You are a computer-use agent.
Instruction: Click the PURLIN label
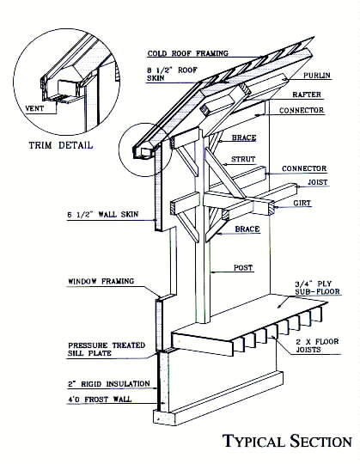[x=317, y=76]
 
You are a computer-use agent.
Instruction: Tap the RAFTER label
[x=307, y=95]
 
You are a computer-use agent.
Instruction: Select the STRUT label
[x=243, y=159]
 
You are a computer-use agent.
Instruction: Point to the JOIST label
[x=318, y=182]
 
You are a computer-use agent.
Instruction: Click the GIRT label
[x=302, y=203]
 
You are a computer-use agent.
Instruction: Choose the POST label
[x=243, y=268]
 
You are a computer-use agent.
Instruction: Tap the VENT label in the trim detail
[x=34, y=108]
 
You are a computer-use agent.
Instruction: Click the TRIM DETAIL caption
[x=61, y=145]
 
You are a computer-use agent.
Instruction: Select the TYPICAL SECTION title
[x=287, y=441]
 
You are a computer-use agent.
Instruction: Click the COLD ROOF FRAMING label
[x=188, y=53]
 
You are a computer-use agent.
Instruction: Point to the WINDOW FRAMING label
[x=101, y=281]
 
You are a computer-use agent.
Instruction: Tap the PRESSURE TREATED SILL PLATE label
[x=107, y=349]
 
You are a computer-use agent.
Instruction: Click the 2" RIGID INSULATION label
[x=109, y=384]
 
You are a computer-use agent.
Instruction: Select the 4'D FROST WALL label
[x=100, y=400]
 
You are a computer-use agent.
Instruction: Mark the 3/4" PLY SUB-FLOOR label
[x=317, y=288]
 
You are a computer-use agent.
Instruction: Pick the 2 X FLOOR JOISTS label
[x=317, y=345]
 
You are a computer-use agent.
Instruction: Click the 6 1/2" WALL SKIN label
[x=103, y=214]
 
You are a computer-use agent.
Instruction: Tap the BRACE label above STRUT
[x=244, y=137]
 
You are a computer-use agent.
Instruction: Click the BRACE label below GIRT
[x=247, y=229]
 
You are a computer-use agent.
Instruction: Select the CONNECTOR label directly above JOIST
[x=304, y=168]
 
